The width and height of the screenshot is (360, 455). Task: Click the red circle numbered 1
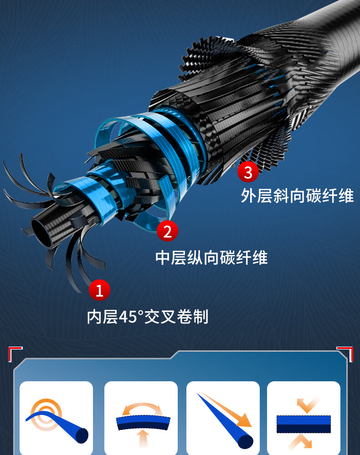point(99,290)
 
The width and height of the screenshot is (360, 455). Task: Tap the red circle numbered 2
point(167,231)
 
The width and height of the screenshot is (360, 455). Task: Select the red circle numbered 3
point(248,172)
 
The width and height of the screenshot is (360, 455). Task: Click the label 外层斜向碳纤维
point(297,196)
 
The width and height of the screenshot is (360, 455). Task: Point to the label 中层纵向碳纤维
point(211,258)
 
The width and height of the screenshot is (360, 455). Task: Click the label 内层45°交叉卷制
point(148,317)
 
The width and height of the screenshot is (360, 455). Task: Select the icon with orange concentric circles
point(46,415)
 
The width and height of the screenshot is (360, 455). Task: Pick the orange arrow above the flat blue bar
point(306,405)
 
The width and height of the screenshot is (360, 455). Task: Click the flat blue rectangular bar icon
point(303,424)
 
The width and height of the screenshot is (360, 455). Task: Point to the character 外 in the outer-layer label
point(248,196)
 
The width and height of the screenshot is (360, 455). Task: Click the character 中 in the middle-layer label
point(163,258)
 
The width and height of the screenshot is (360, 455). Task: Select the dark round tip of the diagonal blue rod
point(246,441)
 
